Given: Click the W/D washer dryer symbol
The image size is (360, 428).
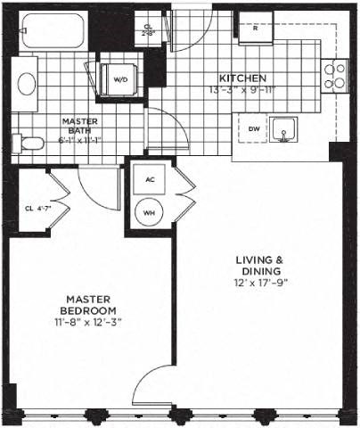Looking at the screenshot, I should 119,78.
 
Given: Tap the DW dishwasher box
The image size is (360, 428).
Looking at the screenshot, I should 254,130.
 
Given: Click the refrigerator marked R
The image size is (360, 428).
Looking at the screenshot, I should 256,28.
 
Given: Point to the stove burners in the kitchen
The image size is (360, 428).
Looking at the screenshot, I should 338,78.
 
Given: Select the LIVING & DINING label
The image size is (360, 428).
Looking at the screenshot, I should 258,265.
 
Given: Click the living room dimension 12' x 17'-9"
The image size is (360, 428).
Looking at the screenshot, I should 259,284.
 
